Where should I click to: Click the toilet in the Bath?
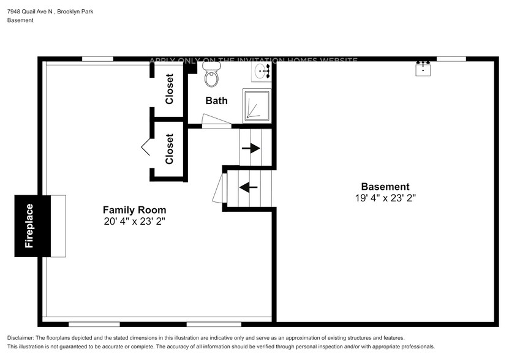tap(212, 74)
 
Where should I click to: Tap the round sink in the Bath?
tap(261, 71)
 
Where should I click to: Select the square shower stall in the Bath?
tap(257, 105)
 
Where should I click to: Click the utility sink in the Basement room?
tap(423, 68)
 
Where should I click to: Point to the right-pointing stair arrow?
tap(251, 148)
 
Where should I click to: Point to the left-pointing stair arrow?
tap(248, 187)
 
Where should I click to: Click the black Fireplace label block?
tap(32, 226)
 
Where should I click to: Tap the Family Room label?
tap(134, 210)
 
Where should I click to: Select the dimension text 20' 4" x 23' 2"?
tap(134, 222)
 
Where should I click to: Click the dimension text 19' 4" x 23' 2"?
tap(385, 198)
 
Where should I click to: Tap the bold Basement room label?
tap(385, 187)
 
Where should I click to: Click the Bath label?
tap(216, 100)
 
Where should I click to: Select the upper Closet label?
tap(169, 89)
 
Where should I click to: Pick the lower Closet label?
tap(169, 149)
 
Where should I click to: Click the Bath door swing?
tap(216, 119)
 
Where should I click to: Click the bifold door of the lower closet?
tap(146, 147)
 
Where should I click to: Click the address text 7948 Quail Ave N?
tap(30, 12)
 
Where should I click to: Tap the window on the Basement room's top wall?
tap(451, 59)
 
